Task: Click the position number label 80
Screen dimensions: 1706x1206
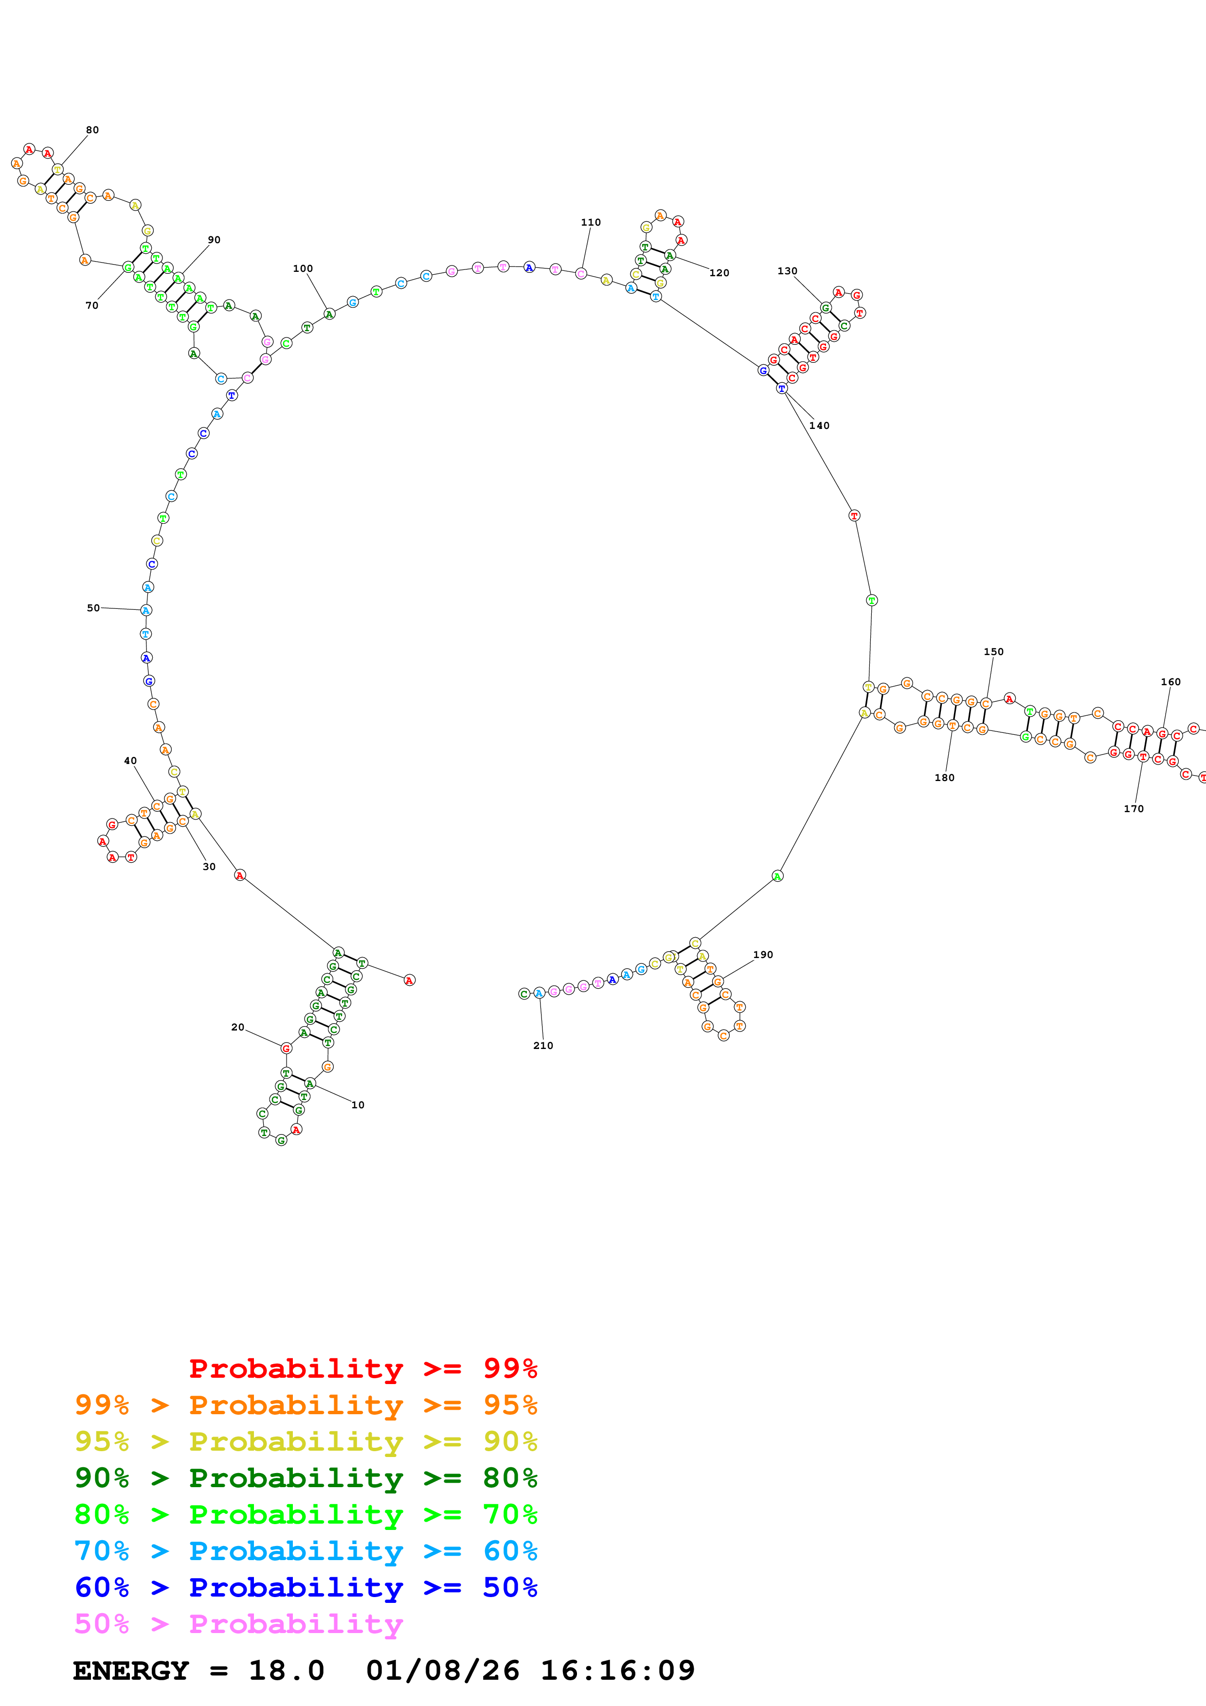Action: (92, 130)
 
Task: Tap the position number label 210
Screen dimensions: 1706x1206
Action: (543, 1046)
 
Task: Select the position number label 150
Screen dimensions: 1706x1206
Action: (993, 652)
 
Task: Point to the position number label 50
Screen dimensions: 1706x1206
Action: (93, 608)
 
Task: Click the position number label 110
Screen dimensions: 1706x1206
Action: (591, 222)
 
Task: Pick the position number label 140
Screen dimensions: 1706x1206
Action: (819, 426)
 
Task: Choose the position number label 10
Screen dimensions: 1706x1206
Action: (358, 1105)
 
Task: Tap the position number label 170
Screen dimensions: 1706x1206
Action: (1133, 808)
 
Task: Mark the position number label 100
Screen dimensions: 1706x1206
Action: (303, 268)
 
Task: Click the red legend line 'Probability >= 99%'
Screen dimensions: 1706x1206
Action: (362, 1368)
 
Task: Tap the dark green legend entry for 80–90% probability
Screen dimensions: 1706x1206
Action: (306, 1478)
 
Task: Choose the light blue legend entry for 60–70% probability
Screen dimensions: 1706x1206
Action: (306, 1551)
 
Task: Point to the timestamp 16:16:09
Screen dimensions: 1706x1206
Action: (617, 1670)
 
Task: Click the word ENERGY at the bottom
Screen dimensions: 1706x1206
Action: (131, 1670)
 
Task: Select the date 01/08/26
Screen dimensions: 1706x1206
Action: (442, 1670)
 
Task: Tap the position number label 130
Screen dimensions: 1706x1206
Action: (787, 271)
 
